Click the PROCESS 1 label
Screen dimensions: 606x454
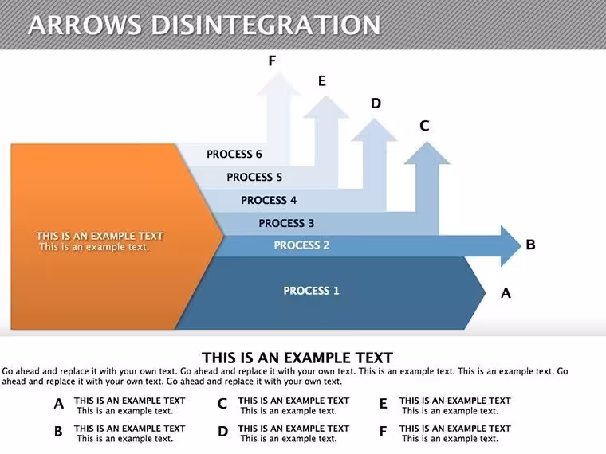[x=311, y=291]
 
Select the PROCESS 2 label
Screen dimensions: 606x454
[x=301, y=245]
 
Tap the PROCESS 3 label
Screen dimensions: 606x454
[x=286, y=223]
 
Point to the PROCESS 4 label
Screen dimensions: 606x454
[x=269, y=200]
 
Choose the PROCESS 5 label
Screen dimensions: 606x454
[x=254, y=177]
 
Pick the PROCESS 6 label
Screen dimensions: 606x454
[x=234, y=154]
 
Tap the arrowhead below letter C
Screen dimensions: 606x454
[x=427, y=153]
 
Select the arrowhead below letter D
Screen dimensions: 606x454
[x=374, y=130]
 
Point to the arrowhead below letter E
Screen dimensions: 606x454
[x=326, y=107]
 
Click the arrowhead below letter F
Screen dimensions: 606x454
[x=278, y=84]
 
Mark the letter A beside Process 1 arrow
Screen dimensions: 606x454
[x=506, y=293]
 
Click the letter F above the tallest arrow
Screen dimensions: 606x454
[x=272, y=61]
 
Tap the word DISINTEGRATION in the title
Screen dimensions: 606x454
[x=266, y=25]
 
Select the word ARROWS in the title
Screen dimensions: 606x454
[x=85, y=25]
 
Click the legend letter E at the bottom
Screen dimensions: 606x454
[x=383, y=404]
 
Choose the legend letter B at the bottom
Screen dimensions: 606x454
[x=58, y=431]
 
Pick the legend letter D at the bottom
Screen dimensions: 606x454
[x=223, y=431]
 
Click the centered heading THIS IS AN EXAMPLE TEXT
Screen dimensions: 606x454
[x=297, y=358]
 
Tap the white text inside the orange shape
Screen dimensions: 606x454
[x=100, y=241]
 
